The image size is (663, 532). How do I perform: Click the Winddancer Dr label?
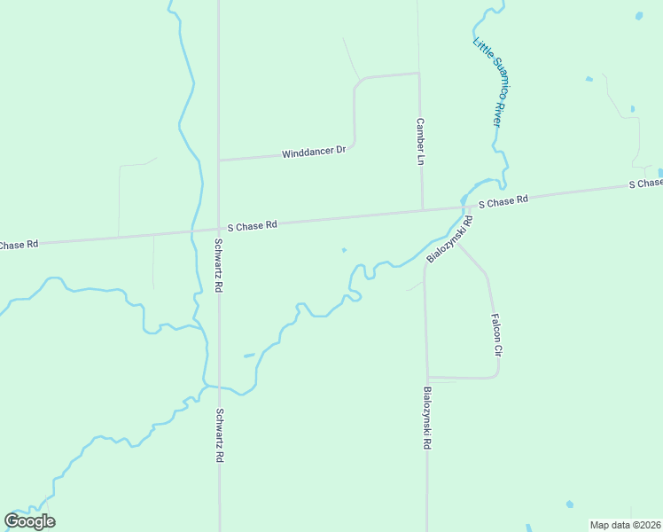pyautogui.click(x=314, y=153)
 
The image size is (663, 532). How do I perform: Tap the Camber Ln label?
pyautogui.click(x=420, y=142)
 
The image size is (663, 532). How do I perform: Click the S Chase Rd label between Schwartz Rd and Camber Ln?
pyautogui.click(x=253, y=226)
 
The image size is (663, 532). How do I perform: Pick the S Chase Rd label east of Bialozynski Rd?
pyautogui.click(x=503, y=202)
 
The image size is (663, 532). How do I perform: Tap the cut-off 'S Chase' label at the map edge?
pyautogui.click(x=645, y=184)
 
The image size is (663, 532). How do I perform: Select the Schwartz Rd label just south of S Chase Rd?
pyautogui.click(x=218, y=265)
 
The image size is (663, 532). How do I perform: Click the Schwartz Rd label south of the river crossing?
pyautogui.click(x=219, y=435)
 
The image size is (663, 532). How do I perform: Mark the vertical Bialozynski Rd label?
pyautogui.click(x=426, y=418)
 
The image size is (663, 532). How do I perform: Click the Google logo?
pyautogui.click(x=29, y=521)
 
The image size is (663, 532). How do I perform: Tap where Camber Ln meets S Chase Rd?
pyautogui.click(x=422, y=210)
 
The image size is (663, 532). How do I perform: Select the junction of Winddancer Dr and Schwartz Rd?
pyautogui.click(x=219, y=160)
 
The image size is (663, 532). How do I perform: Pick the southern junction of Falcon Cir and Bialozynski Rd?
pyautogui.click(x=427, y=378)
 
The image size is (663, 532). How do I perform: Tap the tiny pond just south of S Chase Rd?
pyautogui.click(x=344, y=250)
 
